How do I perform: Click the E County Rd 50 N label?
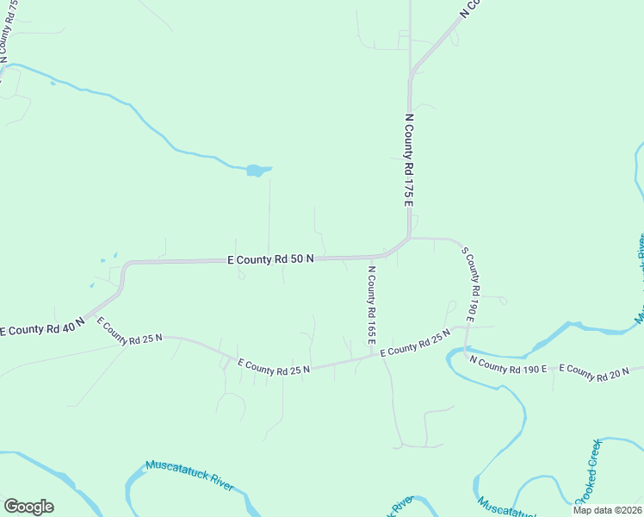click(270, 258)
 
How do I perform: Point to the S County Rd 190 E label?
click(469, 284)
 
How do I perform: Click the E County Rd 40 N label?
click(41, 327)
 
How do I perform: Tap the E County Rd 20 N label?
click(594, 371)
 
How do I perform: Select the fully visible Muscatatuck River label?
click(189, 474)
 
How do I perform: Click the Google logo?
click(28, 506)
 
